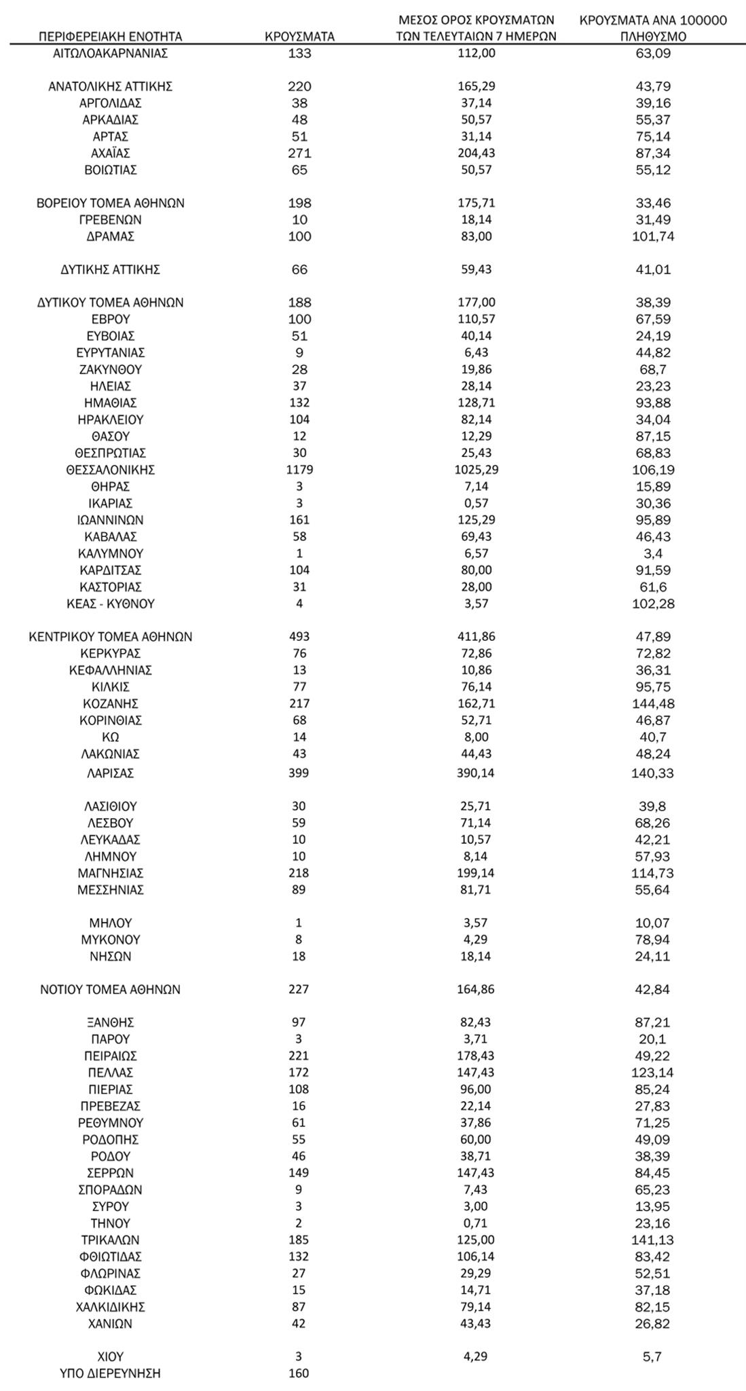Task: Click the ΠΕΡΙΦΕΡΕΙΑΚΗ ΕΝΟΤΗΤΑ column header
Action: (110, 37)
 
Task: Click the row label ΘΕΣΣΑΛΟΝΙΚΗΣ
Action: (111, 470)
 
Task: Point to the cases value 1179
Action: (299, 470)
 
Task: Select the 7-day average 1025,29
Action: (476, 470)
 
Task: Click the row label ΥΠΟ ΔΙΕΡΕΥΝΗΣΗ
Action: (111, 1373)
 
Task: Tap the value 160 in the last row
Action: (299, 1373)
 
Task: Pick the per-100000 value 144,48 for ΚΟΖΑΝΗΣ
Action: (653, 704)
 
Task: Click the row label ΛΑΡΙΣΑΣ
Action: (111, 773)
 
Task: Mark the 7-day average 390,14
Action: (476, 773)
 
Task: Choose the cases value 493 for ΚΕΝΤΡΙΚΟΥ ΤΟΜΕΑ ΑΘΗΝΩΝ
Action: (299, 637)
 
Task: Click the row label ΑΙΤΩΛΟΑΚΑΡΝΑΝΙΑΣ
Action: (111, 54)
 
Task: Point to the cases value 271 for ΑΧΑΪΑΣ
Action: (299, 153)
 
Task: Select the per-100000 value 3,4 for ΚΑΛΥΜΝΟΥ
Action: (653, 553)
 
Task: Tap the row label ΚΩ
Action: (111, 737)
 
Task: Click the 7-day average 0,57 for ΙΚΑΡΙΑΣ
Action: (476, 504)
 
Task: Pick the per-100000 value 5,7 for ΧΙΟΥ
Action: (653, 1357)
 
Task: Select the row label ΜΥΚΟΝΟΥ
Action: (111, 940)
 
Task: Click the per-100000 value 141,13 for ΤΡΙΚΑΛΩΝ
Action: (653, 1240)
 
